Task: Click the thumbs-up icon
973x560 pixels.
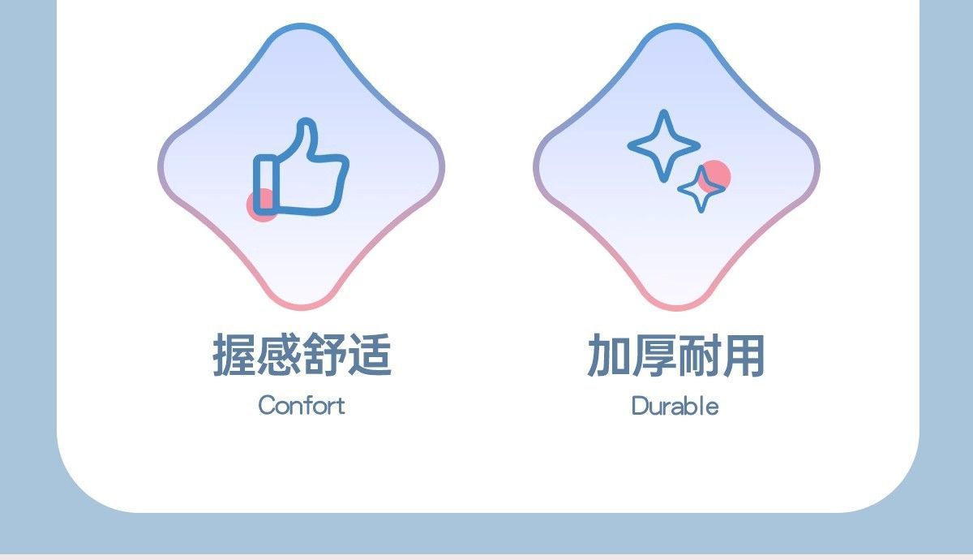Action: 301,167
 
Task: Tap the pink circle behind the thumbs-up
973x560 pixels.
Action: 263,205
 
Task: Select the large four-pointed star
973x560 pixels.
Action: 664,145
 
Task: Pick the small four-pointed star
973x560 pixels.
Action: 701,189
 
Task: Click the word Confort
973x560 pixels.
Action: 302,405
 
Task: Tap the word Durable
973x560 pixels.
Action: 675,406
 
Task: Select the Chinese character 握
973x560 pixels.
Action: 234,355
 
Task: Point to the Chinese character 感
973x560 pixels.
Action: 279,355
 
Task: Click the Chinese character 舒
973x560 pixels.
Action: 324,355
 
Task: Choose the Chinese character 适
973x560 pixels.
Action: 370,355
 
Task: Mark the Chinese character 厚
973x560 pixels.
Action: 654,355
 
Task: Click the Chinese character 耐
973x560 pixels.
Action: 698,355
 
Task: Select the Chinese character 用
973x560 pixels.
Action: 743,355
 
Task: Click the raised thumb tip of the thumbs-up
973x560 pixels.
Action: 306,123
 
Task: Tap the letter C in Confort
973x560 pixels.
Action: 268,406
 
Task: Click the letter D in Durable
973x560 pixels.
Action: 641,406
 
